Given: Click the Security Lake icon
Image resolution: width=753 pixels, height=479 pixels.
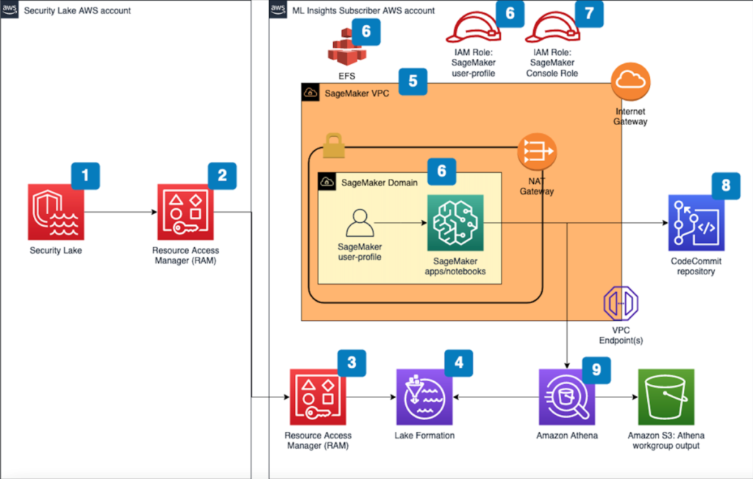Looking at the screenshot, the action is pos(56,212).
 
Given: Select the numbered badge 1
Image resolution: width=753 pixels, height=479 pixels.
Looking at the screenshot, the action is pos(85,176).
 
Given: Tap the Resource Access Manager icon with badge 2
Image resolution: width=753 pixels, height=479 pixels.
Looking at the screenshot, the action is pos(185,212).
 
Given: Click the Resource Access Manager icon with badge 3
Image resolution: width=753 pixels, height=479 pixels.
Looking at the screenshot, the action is pos(318,397).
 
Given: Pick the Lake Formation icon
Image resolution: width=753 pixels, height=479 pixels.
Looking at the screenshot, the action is pos(424,397).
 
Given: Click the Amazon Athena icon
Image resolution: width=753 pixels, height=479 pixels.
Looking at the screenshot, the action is pos(567,397).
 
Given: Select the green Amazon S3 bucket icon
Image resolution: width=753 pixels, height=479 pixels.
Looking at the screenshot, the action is pos(666,397).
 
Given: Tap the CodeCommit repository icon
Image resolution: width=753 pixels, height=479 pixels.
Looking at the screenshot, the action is pos(696,223).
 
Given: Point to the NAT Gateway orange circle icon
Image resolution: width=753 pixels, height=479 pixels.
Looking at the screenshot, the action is pos(537,152).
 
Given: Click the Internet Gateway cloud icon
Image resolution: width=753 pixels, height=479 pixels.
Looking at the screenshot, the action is pos(630,82).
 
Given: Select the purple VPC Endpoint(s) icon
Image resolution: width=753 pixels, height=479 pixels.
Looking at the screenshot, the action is pos(621,303).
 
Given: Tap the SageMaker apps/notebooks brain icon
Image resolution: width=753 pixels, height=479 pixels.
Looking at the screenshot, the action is pos(455,223).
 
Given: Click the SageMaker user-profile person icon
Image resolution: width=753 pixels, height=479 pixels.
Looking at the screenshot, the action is pos(360,223).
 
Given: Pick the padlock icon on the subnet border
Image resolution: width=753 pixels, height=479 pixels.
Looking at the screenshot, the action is pos(334,145).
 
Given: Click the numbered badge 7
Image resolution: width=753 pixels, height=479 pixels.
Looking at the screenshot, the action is pos(589,13).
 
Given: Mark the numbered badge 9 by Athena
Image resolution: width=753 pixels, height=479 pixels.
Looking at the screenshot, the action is pos(596,370).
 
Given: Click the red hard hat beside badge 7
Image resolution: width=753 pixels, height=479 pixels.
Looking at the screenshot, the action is pos(552,29).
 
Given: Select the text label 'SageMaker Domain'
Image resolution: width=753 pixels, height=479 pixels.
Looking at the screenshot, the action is pos(379,182).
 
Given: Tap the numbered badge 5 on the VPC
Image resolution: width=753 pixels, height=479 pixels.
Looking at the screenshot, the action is pos(413,81).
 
